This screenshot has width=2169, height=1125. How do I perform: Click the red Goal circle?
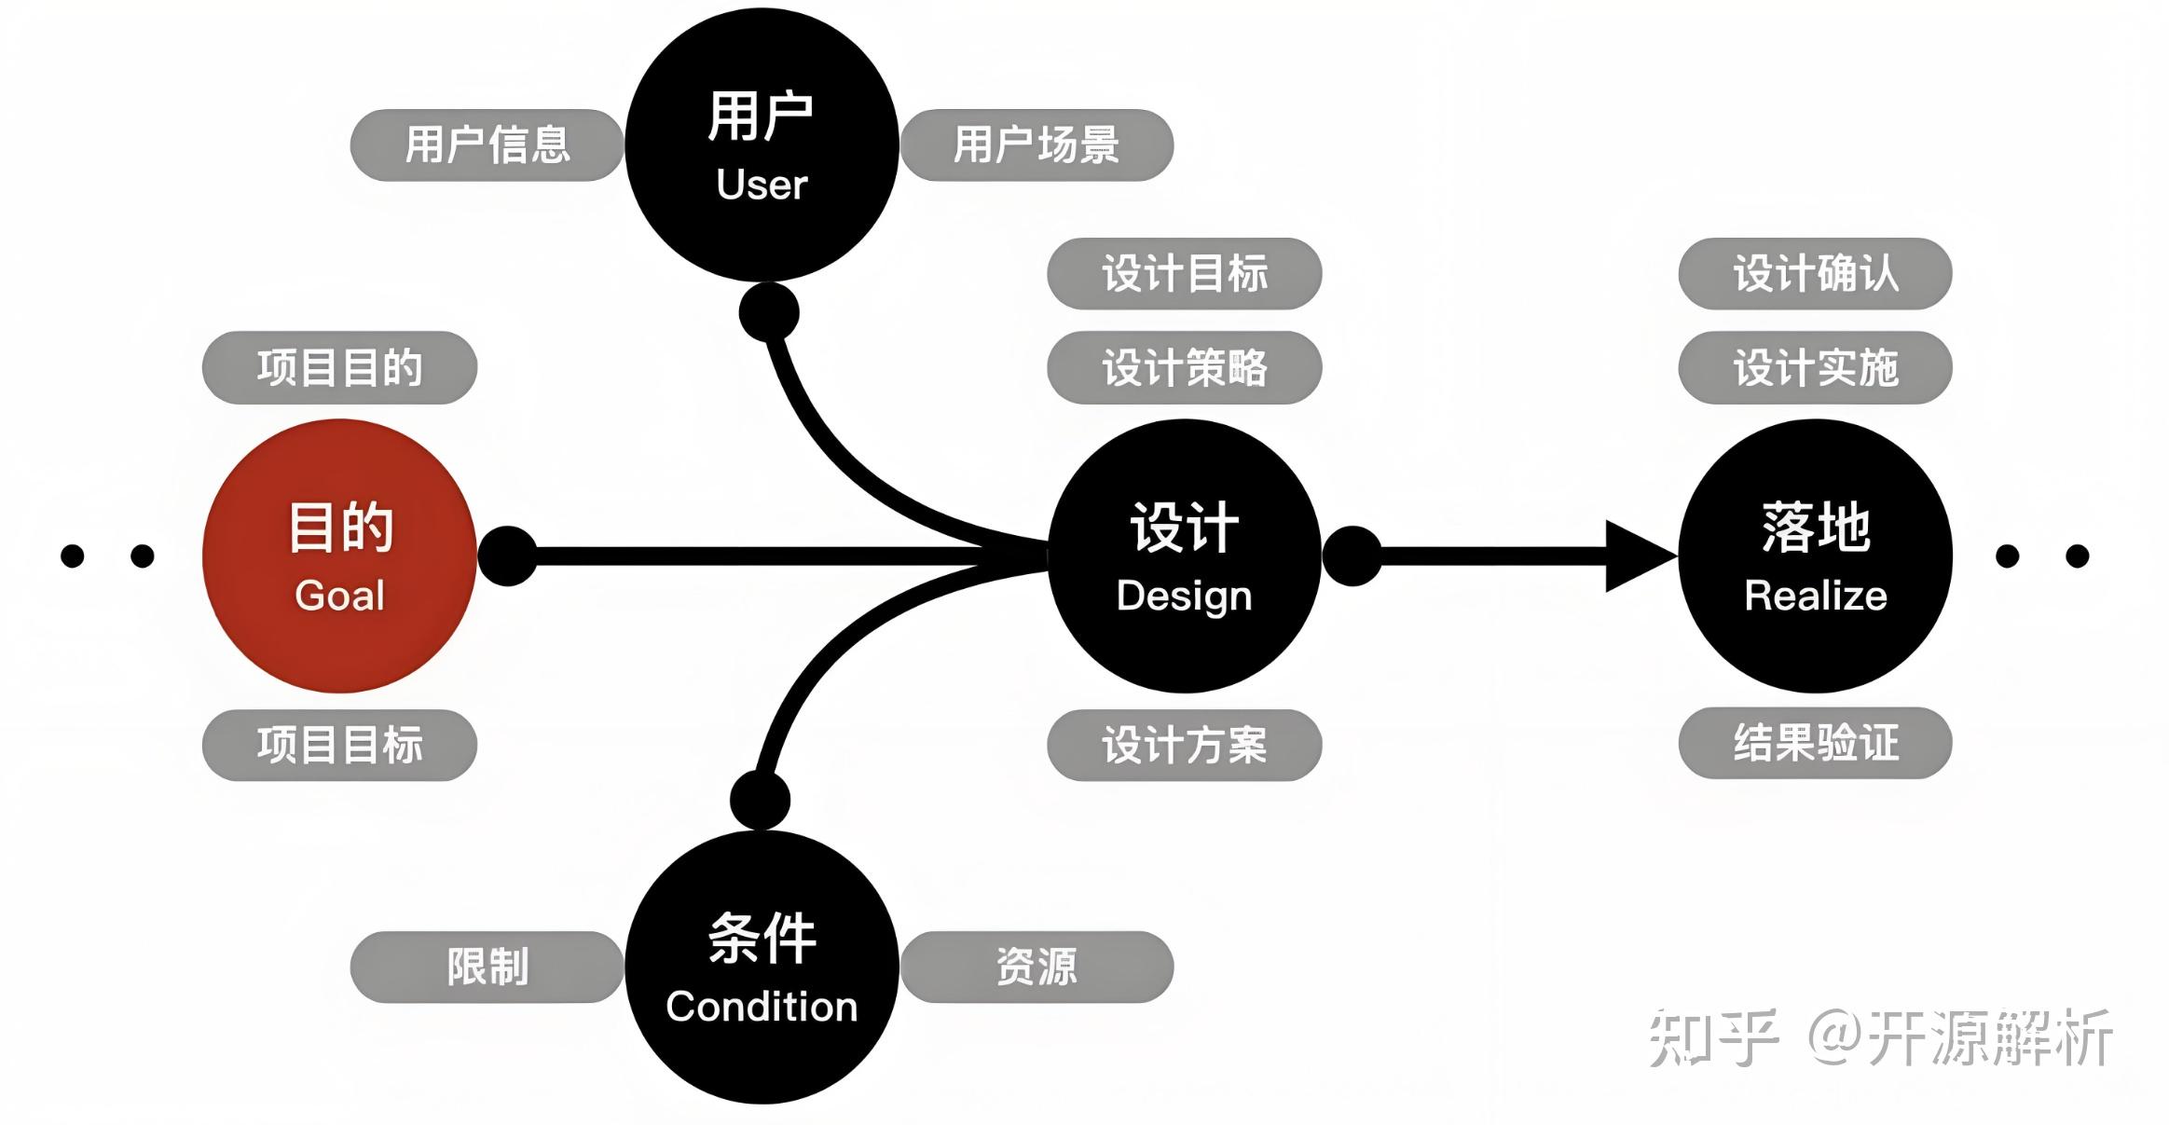(339, 556)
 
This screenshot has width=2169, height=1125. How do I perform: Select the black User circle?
(762, 144)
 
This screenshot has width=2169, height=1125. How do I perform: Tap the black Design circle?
(1184, 556)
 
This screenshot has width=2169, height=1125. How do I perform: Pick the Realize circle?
(1815, 556)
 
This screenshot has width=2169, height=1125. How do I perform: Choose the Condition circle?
(762, 967)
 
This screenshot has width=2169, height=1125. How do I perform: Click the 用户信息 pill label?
(487, 144)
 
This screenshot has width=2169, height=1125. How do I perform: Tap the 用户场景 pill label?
(1036, 144)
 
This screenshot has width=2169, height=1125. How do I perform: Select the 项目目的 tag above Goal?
(339, 367)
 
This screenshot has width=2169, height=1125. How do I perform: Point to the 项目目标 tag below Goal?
(339, 745)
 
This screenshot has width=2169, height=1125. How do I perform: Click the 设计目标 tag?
(1184, 273)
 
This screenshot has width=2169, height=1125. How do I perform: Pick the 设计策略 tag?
(1184, 367)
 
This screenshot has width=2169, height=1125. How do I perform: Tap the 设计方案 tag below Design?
(1184, 745)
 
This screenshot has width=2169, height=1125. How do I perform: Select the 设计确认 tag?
(1815, 273)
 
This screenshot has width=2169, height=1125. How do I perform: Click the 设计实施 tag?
(1815, 367)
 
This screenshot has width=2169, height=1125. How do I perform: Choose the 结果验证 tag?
(1815, 743)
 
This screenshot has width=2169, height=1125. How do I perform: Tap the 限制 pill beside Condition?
(487, 967)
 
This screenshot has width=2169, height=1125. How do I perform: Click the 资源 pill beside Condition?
(1036, 967)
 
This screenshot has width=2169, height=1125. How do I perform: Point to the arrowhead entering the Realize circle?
(1640, 556)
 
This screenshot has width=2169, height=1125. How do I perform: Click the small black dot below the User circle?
(769, 312)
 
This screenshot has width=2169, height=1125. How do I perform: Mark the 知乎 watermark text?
(1713, 1037)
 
